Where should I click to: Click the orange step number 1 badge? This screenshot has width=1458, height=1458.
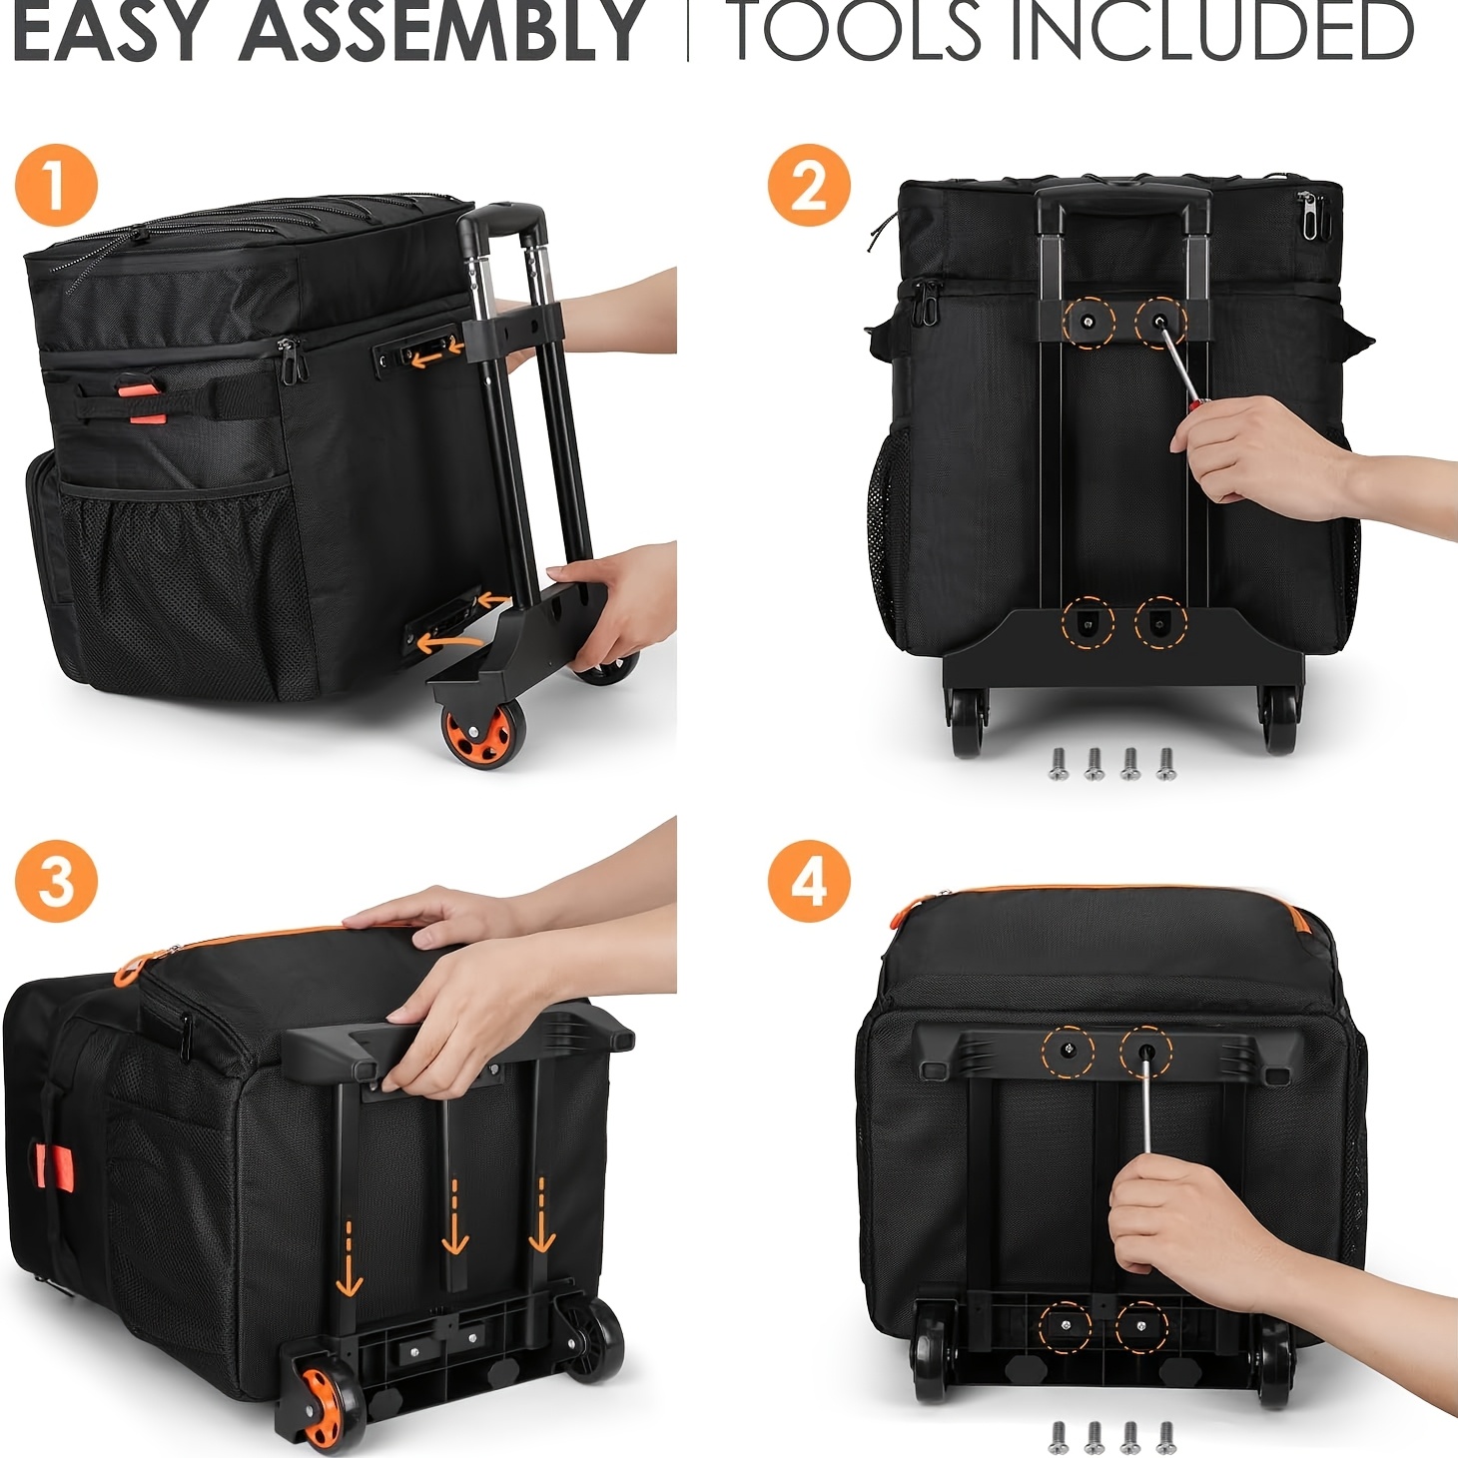(56, 186)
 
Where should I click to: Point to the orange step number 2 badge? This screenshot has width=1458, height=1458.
(808, 186)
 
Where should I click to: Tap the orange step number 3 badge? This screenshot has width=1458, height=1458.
(56, 882)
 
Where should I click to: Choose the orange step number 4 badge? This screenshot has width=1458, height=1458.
(808, 882)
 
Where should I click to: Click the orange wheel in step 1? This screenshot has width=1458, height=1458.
(482, 731)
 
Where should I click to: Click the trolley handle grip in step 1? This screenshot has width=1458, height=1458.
(501, 221)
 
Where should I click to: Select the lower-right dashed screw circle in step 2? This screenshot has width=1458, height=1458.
(1160, 623)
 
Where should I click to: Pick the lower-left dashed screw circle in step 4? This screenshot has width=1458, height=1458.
(1065, 1326)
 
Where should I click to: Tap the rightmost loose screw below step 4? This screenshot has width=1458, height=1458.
(1165, 1438)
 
